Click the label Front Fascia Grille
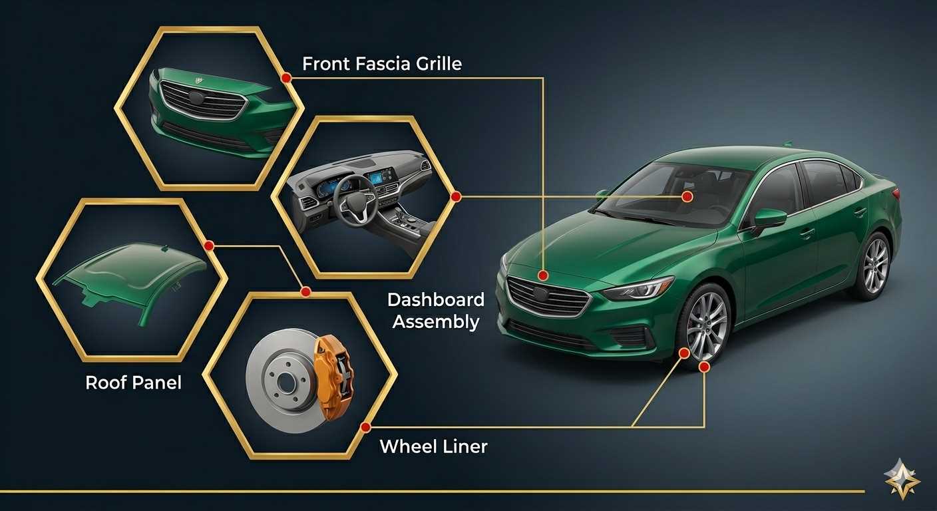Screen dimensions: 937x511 pos(382,64)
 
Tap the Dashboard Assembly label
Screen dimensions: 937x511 pos(436,311)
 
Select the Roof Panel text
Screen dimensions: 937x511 pos(134,383)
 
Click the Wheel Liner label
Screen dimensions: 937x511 pos(433,446)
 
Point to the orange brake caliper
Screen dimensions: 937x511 pos(334,377)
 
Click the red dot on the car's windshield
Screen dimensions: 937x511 pos(687,196)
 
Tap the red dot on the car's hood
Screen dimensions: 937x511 pos(543,275)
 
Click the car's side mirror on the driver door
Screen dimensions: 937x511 pos(769,219)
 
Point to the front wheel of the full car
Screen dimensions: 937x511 pos(707,326)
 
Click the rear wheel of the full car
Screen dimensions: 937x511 pos(875,265)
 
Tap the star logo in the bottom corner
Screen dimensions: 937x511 pos(902,479)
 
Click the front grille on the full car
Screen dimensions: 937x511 pos(548,297)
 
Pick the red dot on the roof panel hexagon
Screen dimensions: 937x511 pos(210,246)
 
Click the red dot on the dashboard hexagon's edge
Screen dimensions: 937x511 pos(457,196)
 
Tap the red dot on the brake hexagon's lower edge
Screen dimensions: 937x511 pos(365,427)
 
